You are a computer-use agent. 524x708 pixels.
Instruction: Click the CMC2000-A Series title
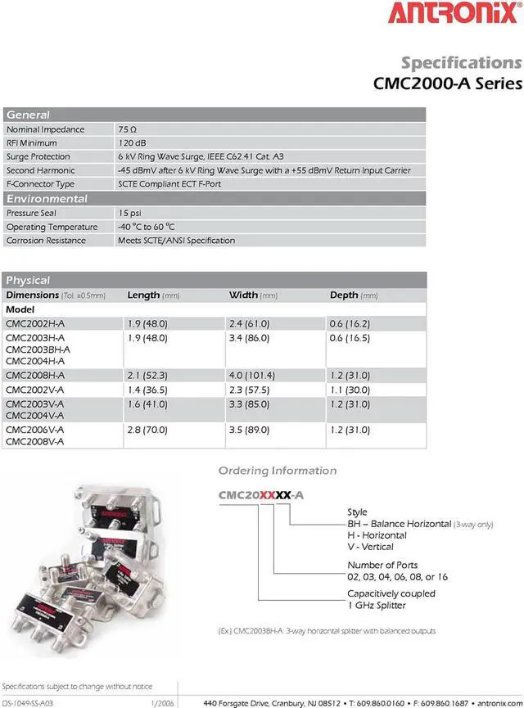coord(447,83)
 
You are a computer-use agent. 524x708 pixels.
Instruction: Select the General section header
coord(29,115)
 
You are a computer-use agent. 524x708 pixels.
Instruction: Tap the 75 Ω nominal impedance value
coord(127,129)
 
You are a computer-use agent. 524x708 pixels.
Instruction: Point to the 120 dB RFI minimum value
coord(132,142)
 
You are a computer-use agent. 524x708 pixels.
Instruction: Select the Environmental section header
coord(47,199)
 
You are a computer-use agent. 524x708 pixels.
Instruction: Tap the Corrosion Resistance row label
coord(47,241)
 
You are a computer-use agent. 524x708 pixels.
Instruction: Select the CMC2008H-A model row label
coord(35,375)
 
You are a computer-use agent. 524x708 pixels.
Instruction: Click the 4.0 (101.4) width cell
coord(252,375)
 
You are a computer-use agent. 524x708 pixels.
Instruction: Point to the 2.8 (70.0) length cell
coord(147,430)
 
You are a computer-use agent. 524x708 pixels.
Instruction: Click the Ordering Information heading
coord(278,471)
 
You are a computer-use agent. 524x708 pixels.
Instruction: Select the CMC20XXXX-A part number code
coord(261,495)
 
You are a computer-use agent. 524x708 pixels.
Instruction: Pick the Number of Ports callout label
coord(382,565)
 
